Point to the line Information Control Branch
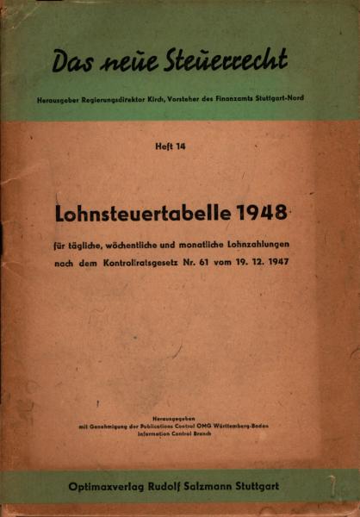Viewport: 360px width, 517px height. [x=180, y=433]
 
